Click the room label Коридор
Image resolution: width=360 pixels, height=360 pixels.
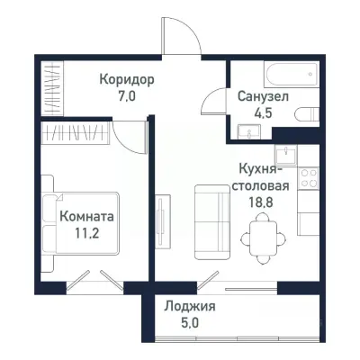[126, 79]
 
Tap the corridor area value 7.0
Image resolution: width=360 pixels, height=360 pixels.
[126, 95]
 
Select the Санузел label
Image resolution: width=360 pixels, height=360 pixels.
[263, 96]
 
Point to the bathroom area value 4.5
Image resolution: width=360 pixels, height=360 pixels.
[263, 112]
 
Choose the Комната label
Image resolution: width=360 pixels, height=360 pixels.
[86, 216]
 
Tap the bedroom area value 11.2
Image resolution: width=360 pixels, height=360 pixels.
[86, 232]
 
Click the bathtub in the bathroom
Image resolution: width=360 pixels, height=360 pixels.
[270, 72]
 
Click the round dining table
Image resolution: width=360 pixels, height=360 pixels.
[262, 232]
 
